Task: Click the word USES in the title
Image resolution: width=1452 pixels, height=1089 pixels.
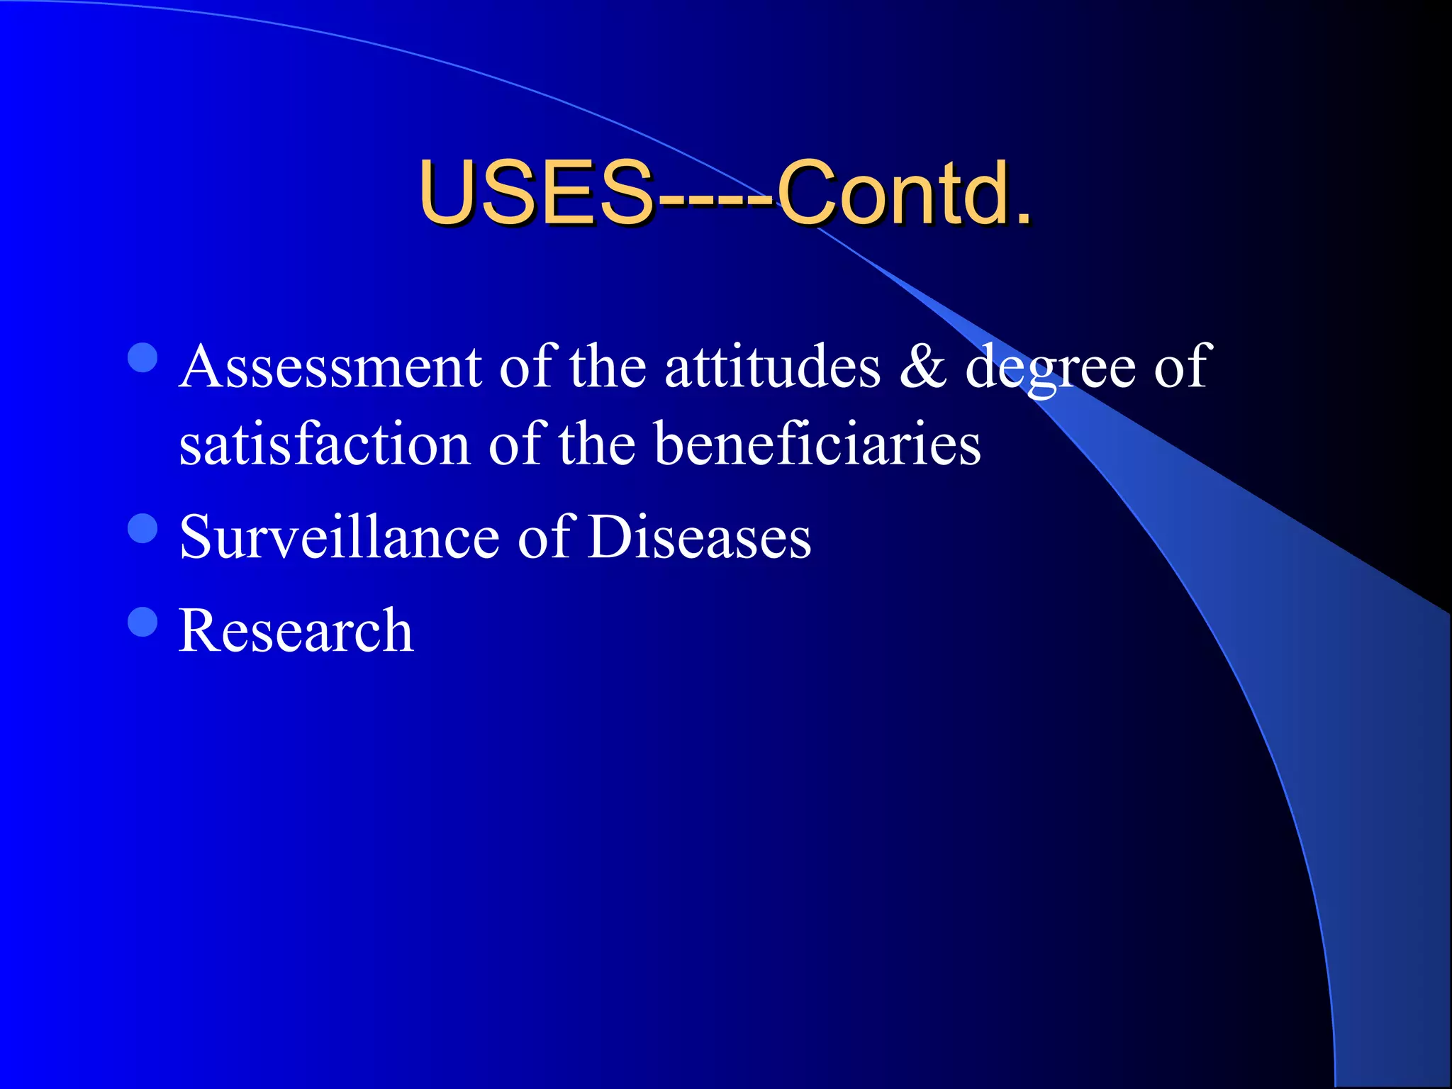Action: (x=535, y=192)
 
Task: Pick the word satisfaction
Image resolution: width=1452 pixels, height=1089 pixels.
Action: (x=325, y=444)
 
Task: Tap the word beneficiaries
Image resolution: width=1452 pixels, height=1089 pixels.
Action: (x=817, y=444)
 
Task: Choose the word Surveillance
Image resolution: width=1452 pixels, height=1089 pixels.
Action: (x=339, y=537)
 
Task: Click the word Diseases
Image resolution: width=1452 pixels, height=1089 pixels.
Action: (x=699, y=537)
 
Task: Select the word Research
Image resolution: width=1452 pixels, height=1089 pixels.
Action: (x=296, y=630)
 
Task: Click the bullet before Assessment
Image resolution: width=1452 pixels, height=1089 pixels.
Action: (x=143, y=358)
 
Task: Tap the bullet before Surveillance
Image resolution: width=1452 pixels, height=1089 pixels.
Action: (x=143, y=528)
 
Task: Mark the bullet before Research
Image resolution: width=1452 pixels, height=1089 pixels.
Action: (x=143, y=622)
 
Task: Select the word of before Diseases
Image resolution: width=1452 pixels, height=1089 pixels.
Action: (x=544, y=537)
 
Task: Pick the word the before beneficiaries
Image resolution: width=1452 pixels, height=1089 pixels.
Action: (x=596, y=444)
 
